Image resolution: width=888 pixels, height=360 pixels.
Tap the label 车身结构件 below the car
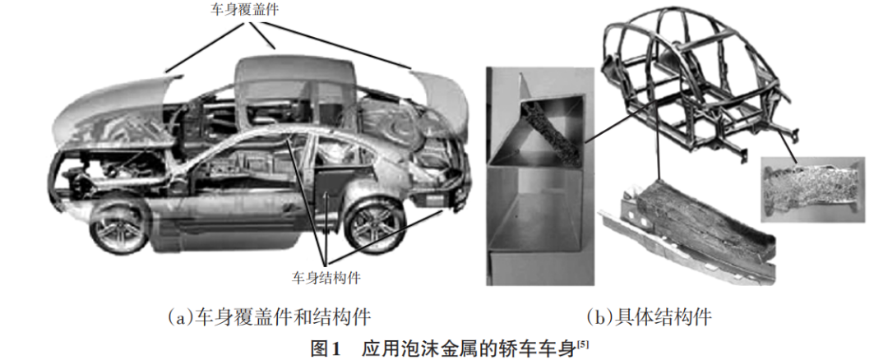point(326,278)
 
